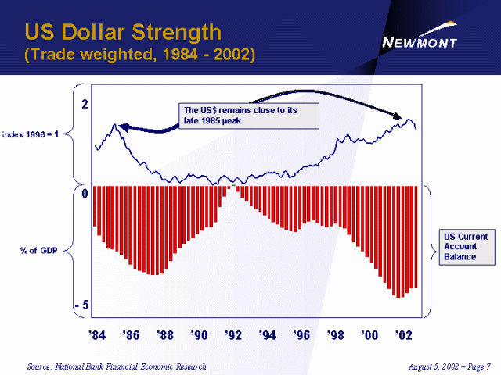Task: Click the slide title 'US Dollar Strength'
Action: click(x=123, y=33)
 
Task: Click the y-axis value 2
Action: click(x=85, y=104)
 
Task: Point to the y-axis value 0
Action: click(x=85, y=193)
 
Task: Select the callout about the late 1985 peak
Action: click(x=248, y=116)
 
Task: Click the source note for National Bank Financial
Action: click(x=117, y=366)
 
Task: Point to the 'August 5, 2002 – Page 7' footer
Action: click(x=449, y=366)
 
